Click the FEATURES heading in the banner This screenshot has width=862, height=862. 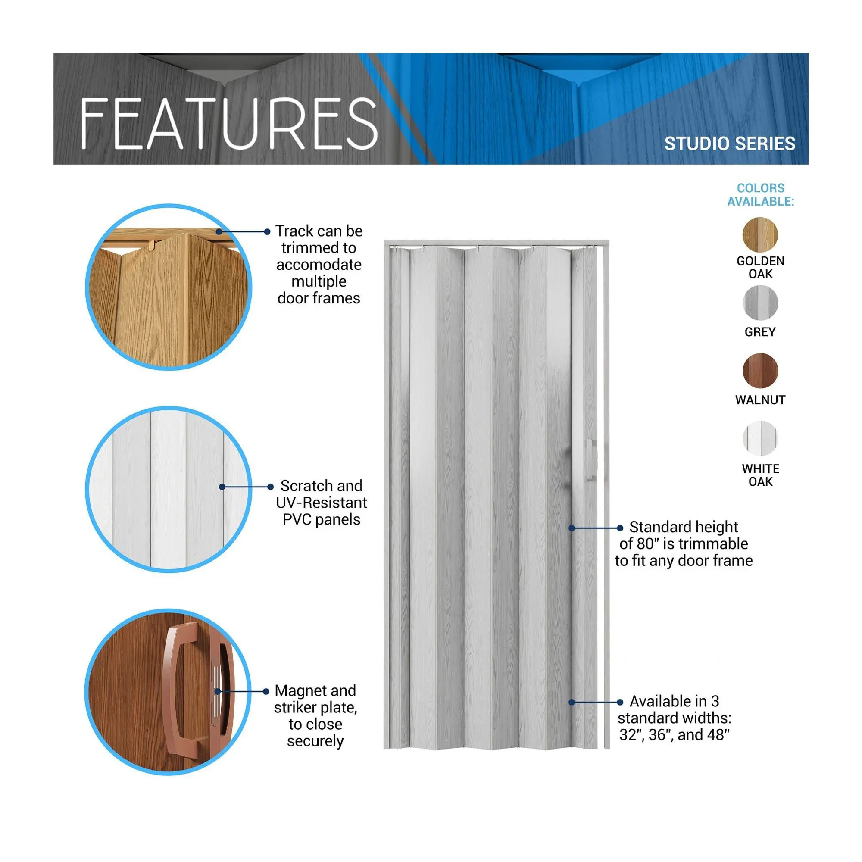[x=229, y=124]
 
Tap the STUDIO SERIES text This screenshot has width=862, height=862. [x=730, y=144]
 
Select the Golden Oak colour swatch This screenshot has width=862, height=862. [x=760, y=235]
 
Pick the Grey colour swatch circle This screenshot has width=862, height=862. [x=760, y=303]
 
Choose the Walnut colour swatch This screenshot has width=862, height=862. [x=760, y=371]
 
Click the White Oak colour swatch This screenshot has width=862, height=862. [x=760, y=439]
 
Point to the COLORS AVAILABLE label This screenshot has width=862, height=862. [x=761, y=194]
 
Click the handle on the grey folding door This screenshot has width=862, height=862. [x=590, y=460]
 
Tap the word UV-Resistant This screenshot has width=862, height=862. [x=321, y=503]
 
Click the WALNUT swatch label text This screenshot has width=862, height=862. [x=760, y=400]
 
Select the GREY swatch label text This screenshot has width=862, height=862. [x=760, y=332]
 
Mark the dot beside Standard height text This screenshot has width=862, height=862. [x=620, y=528]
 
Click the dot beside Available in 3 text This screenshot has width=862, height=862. [x=620, y=702]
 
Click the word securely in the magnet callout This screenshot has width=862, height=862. [x=315, y=741]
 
